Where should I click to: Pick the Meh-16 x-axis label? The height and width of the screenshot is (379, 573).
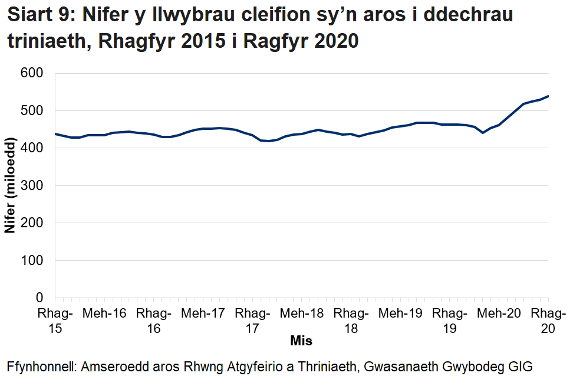pos(104,313)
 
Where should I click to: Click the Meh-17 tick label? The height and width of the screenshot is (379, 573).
pos(203,313)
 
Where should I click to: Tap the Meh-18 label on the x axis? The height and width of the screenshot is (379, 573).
pos(302,313)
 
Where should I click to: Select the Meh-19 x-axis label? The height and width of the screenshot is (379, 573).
pos(401,313)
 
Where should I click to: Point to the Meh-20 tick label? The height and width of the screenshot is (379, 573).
pos(499,313)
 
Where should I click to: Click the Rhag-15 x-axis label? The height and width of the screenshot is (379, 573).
pos(55,321)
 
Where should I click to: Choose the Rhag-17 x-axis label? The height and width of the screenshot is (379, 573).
pos(252,321)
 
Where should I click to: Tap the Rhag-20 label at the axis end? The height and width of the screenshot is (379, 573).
pos(548,321)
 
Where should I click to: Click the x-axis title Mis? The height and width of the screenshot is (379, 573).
pos(301,341)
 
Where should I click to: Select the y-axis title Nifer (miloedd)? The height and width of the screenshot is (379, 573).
pos(10,185)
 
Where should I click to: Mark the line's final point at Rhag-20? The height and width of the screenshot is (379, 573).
pos(548,96)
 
